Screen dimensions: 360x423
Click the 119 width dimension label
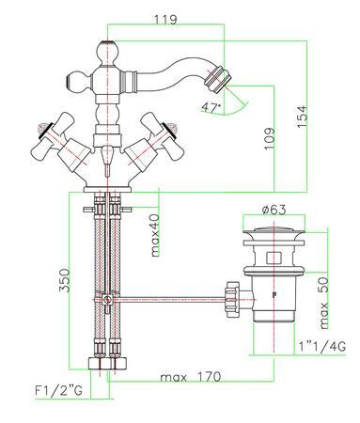165,20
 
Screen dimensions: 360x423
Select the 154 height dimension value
302,117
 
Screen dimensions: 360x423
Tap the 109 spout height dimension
269,138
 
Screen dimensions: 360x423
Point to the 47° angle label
211,108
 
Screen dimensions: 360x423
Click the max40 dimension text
155,235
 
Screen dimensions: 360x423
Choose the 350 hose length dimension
65,280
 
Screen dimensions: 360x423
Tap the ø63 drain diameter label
274,210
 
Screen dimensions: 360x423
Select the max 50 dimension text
324,303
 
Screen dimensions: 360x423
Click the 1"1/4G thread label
321,347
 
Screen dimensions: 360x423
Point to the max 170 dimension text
191,377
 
